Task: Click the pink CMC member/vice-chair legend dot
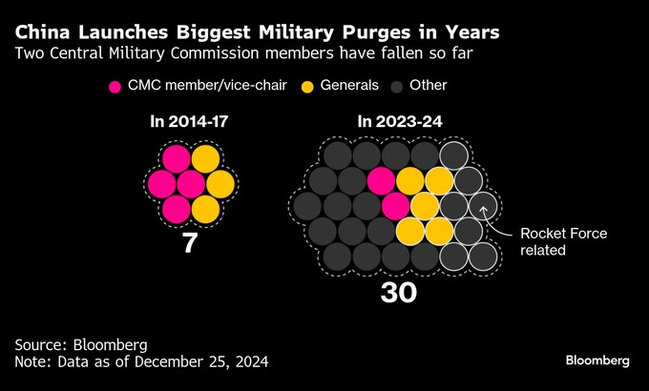pos(115,86)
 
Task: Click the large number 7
pos(189,243)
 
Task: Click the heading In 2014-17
pos(189,122)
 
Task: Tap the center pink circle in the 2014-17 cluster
pos(190,182)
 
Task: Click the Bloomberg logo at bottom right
pos(597,360)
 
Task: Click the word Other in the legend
pos(429,86)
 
